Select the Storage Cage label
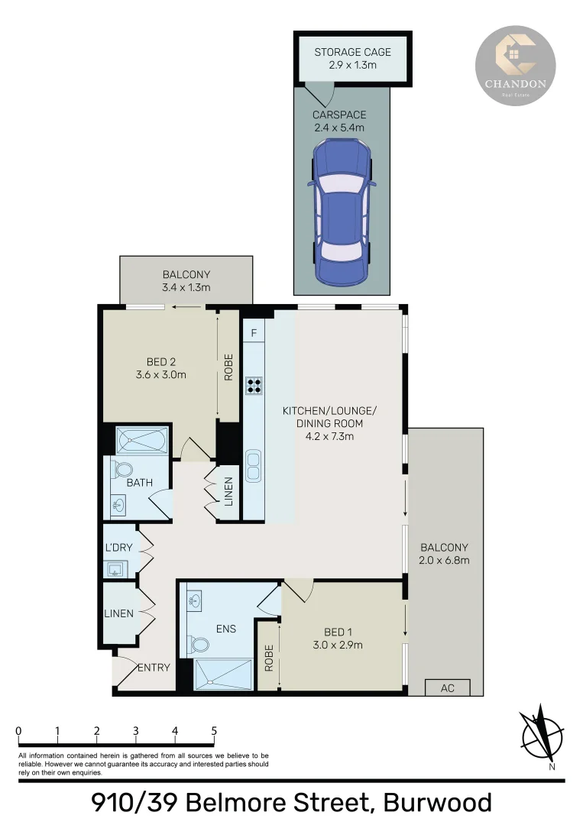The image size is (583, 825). click(x=352, y=52)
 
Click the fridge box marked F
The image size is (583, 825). click(x=254, y=332)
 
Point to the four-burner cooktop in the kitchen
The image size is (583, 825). click(x=254, y=386)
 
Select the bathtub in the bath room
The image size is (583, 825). click(x=141, y=442)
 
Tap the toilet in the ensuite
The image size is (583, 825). click(x=201, y=645)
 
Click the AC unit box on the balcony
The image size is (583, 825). click(x=447, y=687)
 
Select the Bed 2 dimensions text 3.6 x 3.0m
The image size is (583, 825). click(x=161, y=374)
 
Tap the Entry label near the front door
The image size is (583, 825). click(x=154, y=668)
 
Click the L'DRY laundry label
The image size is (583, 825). click(x=118, y=548)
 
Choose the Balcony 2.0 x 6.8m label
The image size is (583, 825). click(x=444, y=554)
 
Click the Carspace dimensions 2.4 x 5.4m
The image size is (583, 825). click(x=338, y=128)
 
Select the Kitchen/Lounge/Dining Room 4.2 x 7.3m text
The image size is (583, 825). click(x=329, y=423)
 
